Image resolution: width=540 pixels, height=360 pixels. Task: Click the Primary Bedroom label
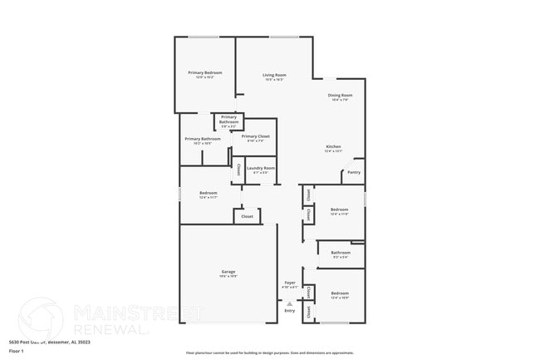pos(204,73)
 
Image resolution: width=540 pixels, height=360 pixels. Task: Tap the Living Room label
pos(274,76)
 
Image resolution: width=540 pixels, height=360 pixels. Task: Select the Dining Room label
pos(341,96)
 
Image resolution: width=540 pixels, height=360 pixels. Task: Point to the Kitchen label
pos(332,147)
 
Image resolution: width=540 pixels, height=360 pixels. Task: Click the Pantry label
pos(354,172)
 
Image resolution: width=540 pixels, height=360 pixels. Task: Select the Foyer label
pos(290,283)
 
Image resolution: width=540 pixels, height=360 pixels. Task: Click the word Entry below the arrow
pos(289,310)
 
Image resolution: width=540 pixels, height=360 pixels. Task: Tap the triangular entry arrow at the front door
pos(289,303)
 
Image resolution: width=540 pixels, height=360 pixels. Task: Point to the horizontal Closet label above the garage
pos(247,216)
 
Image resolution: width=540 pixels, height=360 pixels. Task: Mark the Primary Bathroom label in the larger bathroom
pos(203,139)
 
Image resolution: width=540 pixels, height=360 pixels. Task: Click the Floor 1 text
pos(17,351)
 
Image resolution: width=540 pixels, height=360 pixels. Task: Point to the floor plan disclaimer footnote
pos(269,353)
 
